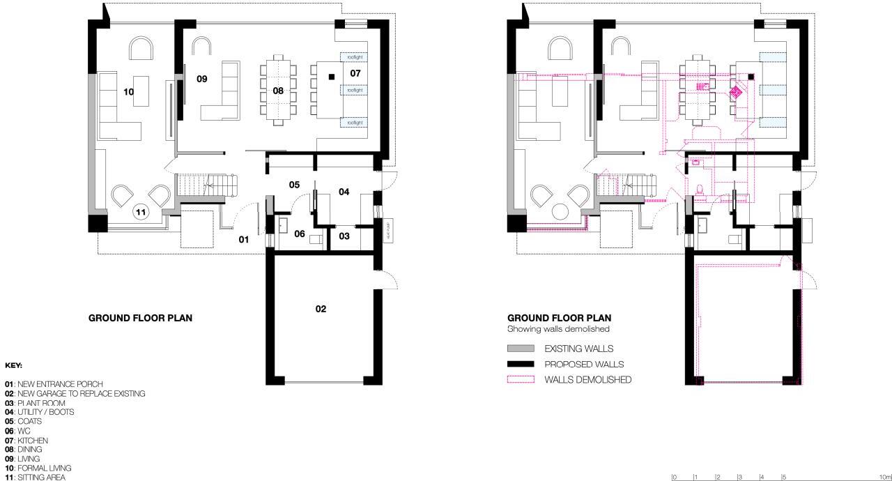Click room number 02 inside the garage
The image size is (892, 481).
point(321,309)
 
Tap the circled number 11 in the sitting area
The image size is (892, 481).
point(141,212)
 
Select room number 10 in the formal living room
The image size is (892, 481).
point(128,91)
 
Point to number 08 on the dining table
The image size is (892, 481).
point(278,91)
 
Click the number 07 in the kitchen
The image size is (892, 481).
point(355,73)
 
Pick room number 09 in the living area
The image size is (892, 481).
point(202,79)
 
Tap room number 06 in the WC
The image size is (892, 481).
point(300,234)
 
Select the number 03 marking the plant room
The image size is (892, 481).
point(344,236)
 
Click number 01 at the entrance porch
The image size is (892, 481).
point(244,239)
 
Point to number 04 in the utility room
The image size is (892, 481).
point(344,192)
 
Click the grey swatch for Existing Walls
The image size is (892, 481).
point(521,349)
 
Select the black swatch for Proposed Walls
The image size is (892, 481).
point(521,364)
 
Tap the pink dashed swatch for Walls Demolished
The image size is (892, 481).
point(521,380)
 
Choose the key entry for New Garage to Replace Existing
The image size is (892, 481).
point(75,394)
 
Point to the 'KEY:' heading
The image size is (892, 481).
point(13,365)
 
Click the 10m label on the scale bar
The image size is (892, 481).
point(886,477)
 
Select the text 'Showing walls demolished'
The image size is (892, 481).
point(558,329)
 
